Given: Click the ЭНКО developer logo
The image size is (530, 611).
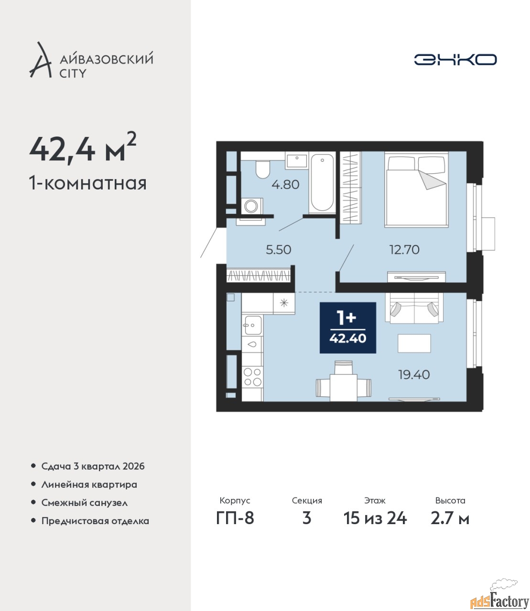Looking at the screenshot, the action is click(455, 59).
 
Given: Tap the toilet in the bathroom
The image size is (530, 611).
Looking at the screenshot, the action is click(262, 169).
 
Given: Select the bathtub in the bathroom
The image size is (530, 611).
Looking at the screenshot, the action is click(322, 183).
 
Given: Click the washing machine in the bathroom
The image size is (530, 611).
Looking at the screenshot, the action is click(252, 206).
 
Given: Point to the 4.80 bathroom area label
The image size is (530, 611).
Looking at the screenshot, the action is click(286, 184).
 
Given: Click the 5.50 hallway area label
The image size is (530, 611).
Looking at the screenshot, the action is click(279, 250).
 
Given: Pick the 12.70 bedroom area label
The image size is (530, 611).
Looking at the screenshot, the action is click(404, 250).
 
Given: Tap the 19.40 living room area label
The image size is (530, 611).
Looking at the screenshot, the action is click(414, 375).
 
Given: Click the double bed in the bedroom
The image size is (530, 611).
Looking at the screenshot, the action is click(416, 190).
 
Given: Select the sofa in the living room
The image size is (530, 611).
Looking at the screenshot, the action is click(414, 308).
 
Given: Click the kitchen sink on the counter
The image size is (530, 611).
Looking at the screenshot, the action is click(252, 325).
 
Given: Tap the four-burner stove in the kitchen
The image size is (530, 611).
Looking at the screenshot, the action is click(252, 377).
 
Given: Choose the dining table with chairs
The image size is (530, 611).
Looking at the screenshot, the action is click(343, 381).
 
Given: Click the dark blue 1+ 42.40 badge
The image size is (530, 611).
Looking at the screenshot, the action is click(348, 327).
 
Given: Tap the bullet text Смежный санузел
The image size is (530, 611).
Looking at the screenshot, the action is click(85, 503).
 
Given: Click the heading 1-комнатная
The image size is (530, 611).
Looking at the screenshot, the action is click(88, 183).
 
